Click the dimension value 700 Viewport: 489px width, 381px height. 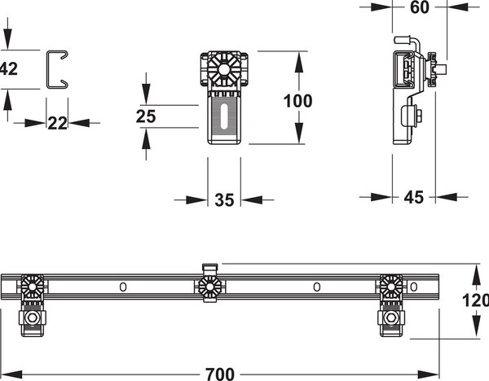tap(220, 374)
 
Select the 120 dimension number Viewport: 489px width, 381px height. tap(475, 300)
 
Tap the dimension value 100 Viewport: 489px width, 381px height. tap(297, 101)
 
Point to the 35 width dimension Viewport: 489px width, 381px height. tap(224, 200)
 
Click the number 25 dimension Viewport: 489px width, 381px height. tap(146, 116)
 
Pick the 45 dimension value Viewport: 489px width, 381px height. tap(414, 197)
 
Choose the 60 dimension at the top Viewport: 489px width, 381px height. tap(420, 7)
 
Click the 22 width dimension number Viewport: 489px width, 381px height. tap(57, 124)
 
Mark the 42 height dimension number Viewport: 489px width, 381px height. tap(9, 69)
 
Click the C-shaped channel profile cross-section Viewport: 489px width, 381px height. tap(47, 69)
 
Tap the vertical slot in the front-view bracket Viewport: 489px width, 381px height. tap(224, 116)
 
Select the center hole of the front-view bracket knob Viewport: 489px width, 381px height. tap(223, 69)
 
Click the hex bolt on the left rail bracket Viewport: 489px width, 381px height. tap(32, 318)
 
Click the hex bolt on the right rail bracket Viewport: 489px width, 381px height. tap(390, 318)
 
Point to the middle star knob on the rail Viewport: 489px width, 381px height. tap(209, 287)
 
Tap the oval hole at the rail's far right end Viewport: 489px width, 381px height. tap(414, 287)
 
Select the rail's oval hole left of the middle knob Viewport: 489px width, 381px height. tap(123, 287)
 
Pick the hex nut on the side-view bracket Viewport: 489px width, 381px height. tap(418, 116)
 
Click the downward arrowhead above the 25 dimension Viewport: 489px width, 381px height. tap(146, 94)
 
